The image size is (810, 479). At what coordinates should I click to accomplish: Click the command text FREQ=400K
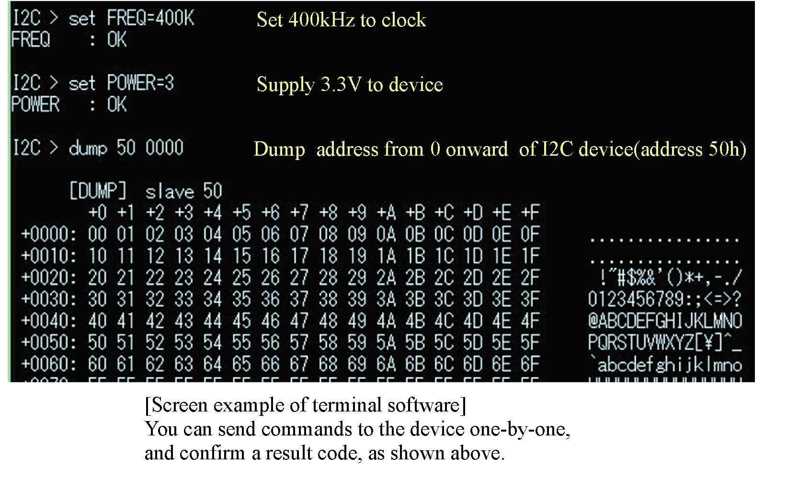point(150,19)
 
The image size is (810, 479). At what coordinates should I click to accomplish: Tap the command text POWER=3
point(140,83)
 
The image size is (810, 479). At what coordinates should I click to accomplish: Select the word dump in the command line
point(88,148)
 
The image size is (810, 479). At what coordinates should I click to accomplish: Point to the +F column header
point(530,212)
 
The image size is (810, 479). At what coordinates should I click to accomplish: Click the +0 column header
point(97,212)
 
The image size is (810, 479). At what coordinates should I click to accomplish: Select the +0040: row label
point(48,321)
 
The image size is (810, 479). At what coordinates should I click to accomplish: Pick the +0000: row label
point(48,234)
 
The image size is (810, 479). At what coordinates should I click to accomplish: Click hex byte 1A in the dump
point(386,256)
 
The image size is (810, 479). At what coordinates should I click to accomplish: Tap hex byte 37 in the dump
point(299,299)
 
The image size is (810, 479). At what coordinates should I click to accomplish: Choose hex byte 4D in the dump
point(473,321)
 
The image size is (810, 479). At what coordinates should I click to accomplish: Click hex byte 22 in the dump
point(155,278)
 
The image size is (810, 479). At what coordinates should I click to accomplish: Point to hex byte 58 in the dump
point(328,342)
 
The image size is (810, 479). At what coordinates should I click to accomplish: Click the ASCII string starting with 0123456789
point(664,299)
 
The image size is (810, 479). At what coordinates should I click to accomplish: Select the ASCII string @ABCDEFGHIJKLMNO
point(665,321)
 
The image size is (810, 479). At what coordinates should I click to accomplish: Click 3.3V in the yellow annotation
point(341,84)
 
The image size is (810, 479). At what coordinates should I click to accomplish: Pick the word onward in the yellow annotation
point(477,149)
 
